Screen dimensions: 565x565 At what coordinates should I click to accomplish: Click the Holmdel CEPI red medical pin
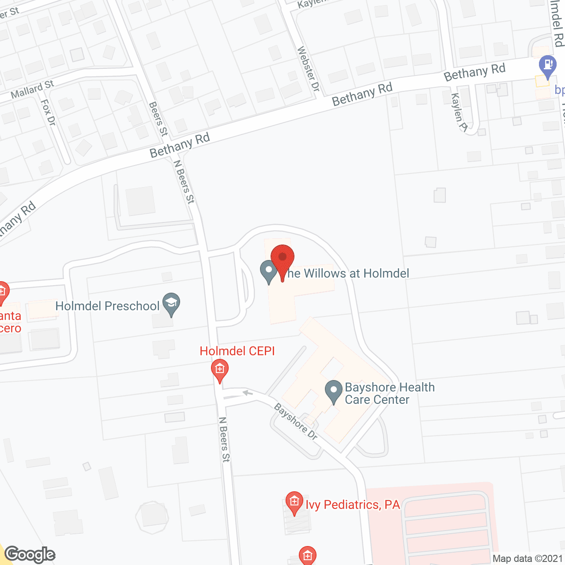220,370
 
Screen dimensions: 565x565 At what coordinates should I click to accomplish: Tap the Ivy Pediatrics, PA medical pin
294,503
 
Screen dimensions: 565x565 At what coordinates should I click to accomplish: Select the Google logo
30,554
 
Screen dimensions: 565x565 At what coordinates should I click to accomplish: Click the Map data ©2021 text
527,559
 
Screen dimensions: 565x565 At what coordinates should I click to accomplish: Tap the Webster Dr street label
308,69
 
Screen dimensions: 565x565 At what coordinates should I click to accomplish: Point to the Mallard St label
32,90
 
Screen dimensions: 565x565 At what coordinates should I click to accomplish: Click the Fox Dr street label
48,112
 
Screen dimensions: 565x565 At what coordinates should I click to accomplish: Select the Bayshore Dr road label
296,422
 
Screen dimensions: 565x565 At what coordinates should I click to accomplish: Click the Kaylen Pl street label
459,112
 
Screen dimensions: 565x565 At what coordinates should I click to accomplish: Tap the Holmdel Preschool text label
107,306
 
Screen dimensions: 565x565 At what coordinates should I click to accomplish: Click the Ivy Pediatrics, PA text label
353,505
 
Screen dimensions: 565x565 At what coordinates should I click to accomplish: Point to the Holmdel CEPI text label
237,351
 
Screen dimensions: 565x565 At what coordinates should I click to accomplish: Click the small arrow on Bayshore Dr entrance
247,393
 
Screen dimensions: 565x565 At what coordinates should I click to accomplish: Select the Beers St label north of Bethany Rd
158,119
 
